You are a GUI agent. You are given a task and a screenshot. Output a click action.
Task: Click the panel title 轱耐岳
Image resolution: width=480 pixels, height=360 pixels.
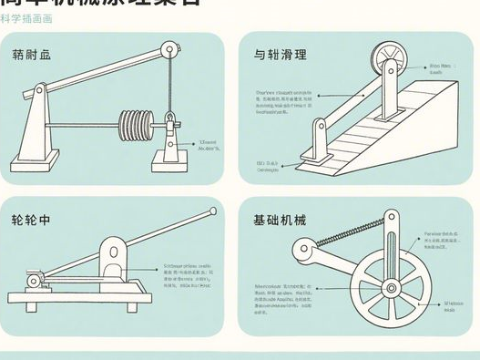tap(32, 55)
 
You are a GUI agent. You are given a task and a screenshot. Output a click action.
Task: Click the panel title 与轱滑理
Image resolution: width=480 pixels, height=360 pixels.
tap(280, 55)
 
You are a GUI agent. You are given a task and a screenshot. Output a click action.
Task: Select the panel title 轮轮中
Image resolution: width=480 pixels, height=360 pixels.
tap(31, 221)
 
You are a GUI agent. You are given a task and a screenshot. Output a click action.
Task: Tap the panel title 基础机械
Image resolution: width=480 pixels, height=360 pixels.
tap(280, 221)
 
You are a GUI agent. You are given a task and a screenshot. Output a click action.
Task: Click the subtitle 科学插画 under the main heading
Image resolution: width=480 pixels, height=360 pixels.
tap(26, 18)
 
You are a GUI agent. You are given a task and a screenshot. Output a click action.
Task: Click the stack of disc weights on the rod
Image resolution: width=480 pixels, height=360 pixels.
tap(136, 124)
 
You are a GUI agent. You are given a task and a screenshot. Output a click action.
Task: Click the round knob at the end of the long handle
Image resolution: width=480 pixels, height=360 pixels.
tap(213, 211)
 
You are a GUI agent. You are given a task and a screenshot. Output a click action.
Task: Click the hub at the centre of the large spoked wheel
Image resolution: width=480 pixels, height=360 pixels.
tap(391, 289)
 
